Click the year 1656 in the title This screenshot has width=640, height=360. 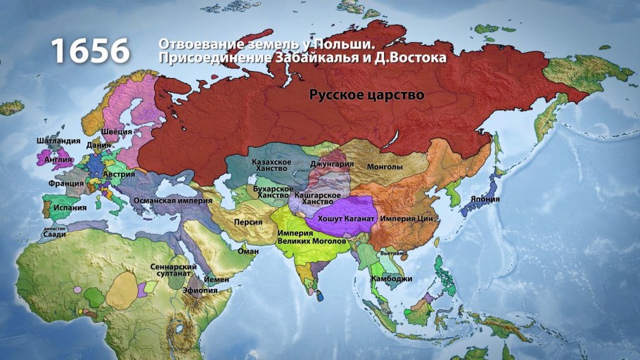90,51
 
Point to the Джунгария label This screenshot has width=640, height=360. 331,165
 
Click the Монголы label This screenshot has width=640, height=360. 385,167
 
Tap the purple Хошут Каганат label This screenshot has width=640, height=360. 347,219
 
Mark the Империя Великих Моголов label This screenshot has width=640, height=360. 312,237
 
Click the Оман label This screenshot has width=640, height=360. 248,251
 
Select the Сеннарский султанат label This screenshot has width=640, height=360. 169,271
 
